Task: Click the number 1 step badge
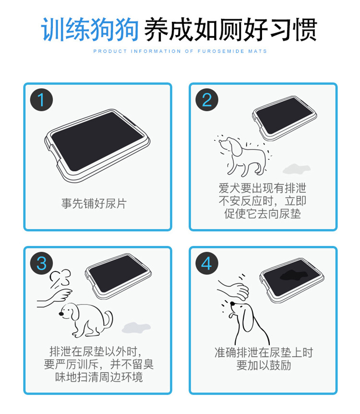pos(41,100)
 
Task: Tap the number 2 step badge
pos(207,100)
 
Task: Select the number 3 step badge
pos(41,263)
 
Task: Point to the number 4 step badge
pos(207,263)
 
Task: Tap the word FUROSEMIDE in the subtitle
pos(221,51)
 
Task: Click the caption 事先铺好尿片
pos(94,204)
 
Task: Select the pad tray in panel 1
pos(97,146)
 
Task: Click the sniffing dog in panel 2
pos(242,156)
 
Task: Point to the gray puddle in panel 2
pos(296,169)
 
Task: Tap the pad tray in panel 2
pos(285,118)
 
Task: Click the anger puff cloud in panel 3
pos(60,279)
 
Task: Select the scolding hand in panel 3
pos(55,298)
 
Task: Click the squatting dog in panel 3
pos(86,320)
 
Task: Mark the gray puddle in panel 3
pos(136,328)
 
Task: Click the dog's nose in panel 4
pos(232,304)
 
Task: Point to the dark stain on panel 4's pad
pos(293,275)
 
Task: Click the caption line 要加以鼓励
pos(264,365)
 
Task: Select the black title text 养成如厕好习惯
pos(231,30)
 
